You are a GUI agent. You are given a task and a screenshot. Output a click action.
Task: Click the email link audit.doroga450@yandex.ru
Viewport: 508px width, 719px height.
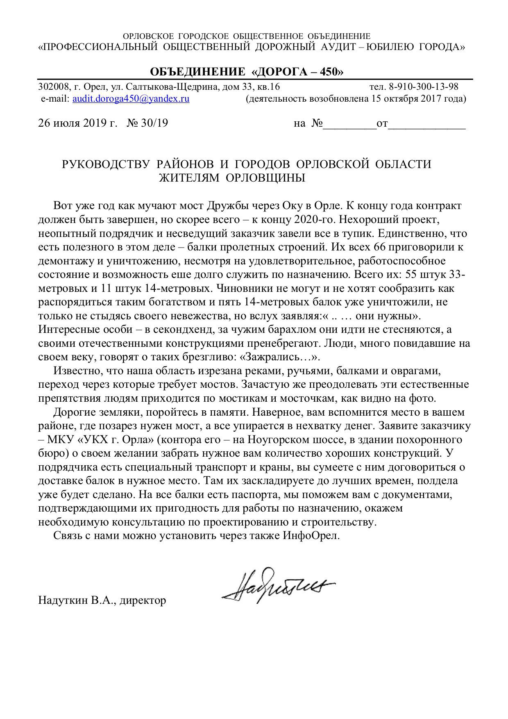pyautogui.click(x=131, y=99)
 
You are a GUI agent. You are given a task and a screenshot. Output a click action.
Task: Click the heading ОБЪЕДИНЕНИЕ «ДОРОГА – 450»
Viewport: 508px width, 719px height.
pyautogui.click(x=247, y=72)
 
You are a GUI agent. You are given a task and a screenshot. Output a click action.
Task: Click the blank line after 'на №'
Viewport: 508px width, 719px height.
pyautogui.click(x=350, y=124)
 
